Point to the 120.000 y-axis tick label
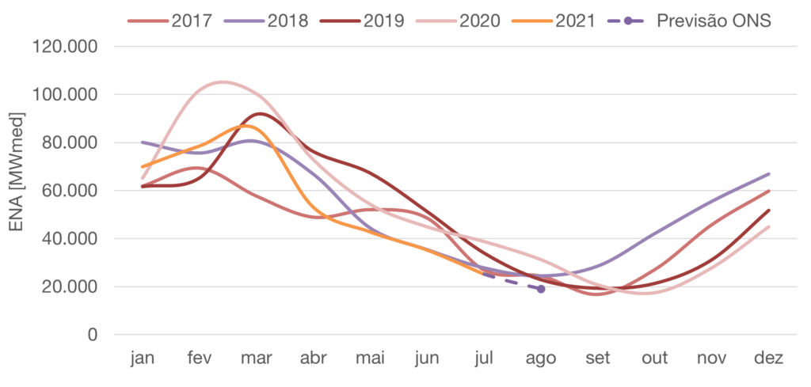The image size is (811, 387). [67, 47]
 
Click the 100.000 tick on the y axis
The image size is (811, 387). [67, 95]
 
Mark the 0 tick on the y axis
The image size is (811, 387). [93, 335]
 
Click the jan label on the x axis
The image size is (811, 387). [142, 359]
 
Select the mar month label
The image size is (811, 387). [256, 359]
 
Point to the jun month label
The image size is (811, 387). [426, 359]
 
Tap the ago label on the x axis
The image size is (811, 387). [541, 359]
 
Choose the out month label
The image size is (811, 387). [655, 359]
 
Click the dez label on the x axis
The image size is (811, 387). [769, 359]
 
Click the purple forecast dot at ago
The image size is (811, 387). [541, 290]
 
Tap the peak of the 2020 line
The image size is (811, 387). [223, 82]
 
